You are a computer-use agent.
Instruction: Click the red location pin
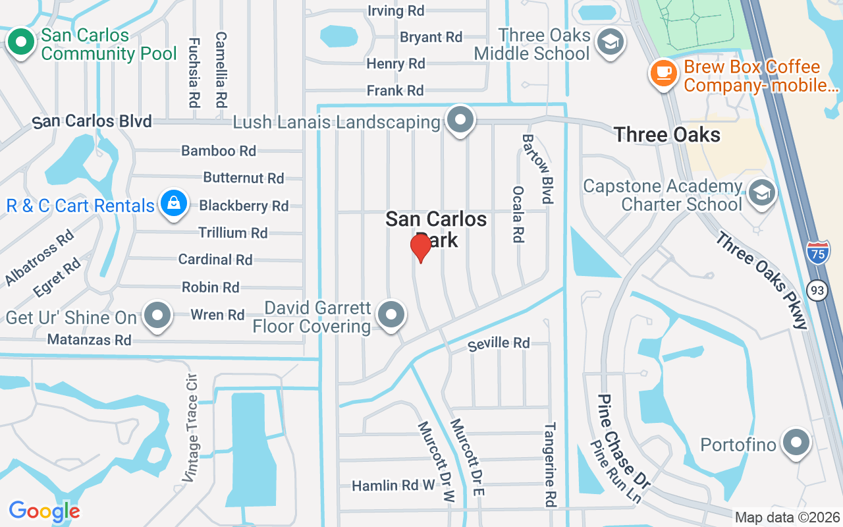(420, 248)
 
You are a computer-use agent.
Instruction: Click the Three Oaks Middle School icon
(610, 43)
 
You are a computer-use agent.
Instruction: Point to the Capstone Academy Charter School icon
(763, 194)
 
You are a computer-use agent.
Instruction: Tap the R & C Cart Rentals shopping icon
(173, 204)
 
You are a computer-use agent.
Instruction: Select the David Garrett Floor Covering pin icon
(392, 316)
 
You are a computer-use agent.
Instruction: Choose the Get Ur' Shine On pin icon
(157, 316)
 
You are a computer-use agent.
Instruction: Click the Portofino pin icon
(796, 443)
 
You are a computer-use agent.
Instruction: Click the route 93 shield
(818, 289)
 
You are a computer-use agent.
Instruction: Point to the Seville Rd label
(499, 343)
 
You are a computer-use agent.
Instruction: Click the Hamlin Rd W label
(393, 486)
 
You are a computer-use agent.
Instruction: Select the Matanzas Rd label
(90, 340)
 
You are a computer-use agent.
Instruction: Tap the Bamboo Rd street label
(219, 151)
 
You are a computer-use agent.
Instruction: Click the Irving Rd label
(395, 11)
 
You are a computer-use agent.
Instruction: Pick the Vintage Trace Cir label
(191, 428)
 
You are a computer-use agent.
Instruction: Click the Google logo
(45, 511)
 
